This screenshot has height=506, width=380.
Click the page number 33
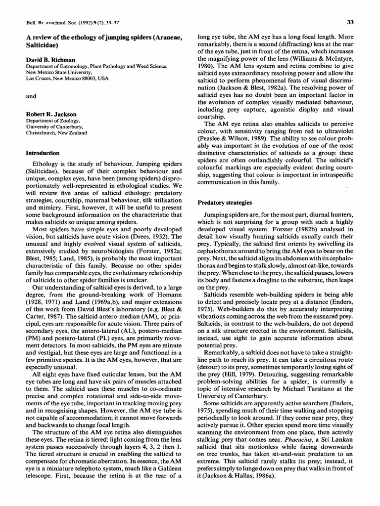coord(350,22)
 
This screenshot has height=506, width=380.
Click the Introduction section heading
coord(43,153)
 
